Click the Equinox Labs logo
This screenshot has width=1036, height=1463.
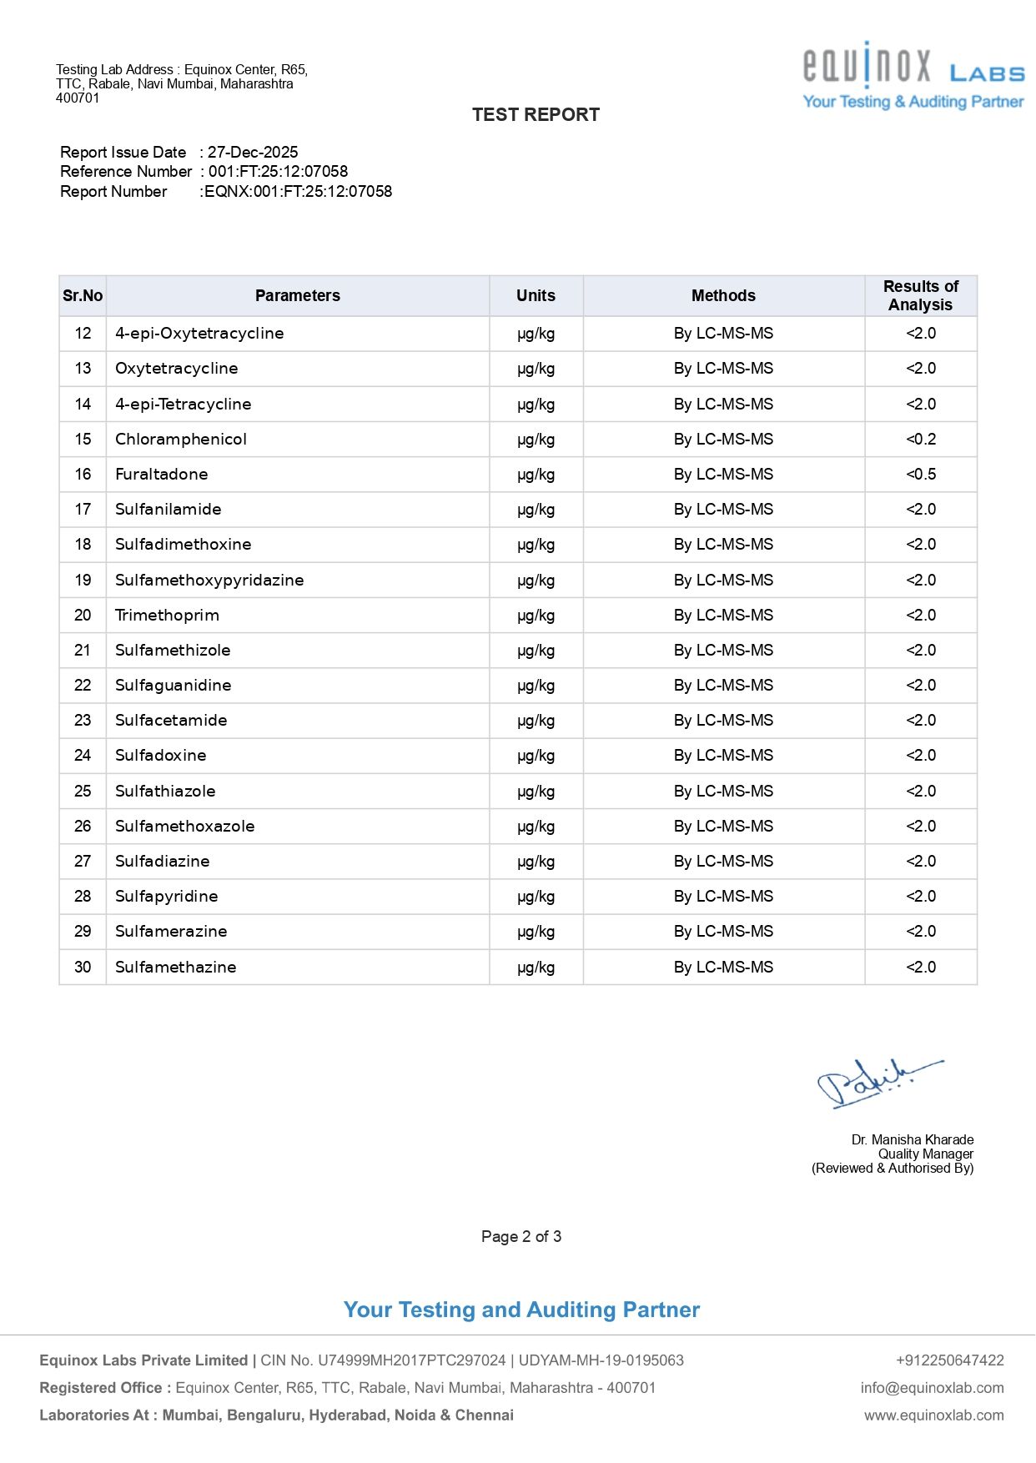(913, 75)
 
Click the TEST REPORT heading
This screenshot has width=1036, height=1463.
(536, 115)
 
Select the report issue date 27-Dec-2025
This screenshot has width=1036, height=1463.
(253, 153)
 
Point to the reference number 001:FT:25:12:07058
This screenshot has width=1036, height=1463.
(278, 172)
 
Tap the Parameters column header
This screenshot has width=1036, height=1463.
(298, 296)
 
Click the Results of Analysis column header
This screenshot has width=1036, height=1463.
(920, 296)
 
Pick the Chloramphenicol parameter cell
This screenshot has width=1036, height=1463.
(181, 440)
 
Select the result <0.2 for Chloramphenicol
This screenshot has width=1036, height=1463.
(921, 440)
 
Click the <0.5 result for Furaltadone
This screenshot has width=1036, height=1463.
(921, 475)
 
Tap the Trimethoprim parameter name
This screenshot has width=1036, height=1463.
(167, 616)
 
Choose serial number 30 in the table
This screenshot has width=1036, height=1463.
(83, 968)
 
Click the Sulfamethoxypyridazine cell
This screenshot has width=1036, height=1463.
(209, 581)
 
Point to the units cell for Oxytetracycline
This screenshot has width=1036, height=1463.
(536, 369)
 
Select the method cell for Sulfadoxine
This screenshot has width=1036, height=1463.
(723, 756)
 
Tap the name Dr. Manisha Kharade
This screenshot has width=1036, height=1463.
(913, 1140)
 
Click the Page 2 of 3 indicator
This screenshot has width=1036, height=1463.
(521, 1237)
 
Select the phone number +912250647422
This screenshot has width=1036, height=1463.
(949, 1360)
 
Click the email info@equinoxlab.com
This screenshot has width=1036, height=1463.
(932, 1388)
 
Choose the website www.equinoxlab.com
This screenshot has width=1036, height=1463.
(933, 1415)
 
